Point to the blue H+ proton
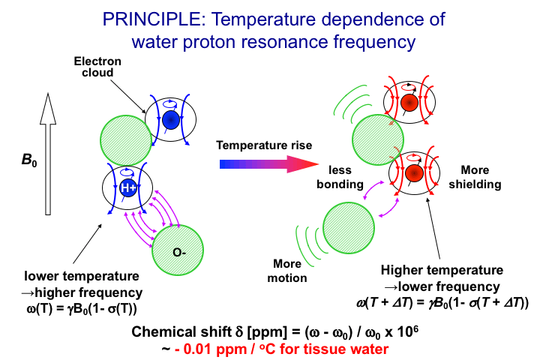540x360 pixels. tap(129, 188)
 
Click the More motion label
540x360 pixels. tap(286, 271)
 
